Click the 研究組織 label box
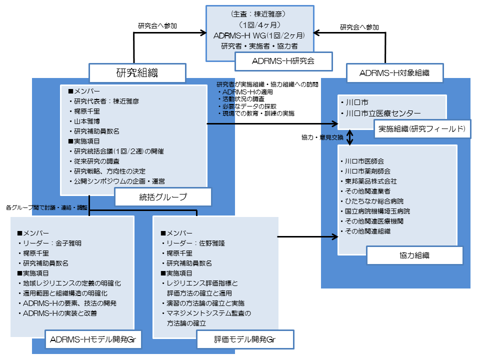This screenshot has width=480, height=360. (137, 73)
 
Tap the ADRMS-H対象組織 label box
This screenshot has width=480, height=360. (394, 73)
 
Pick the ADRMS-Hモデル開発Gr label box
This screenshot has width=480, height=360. (93, 340)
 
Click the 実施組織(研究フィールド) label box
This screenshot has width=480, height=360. (422, 128)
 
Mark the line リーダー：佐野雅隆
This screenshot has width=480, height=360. (192, 243)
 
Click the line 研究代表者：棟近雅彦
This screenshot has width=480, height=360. (106, 101)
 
